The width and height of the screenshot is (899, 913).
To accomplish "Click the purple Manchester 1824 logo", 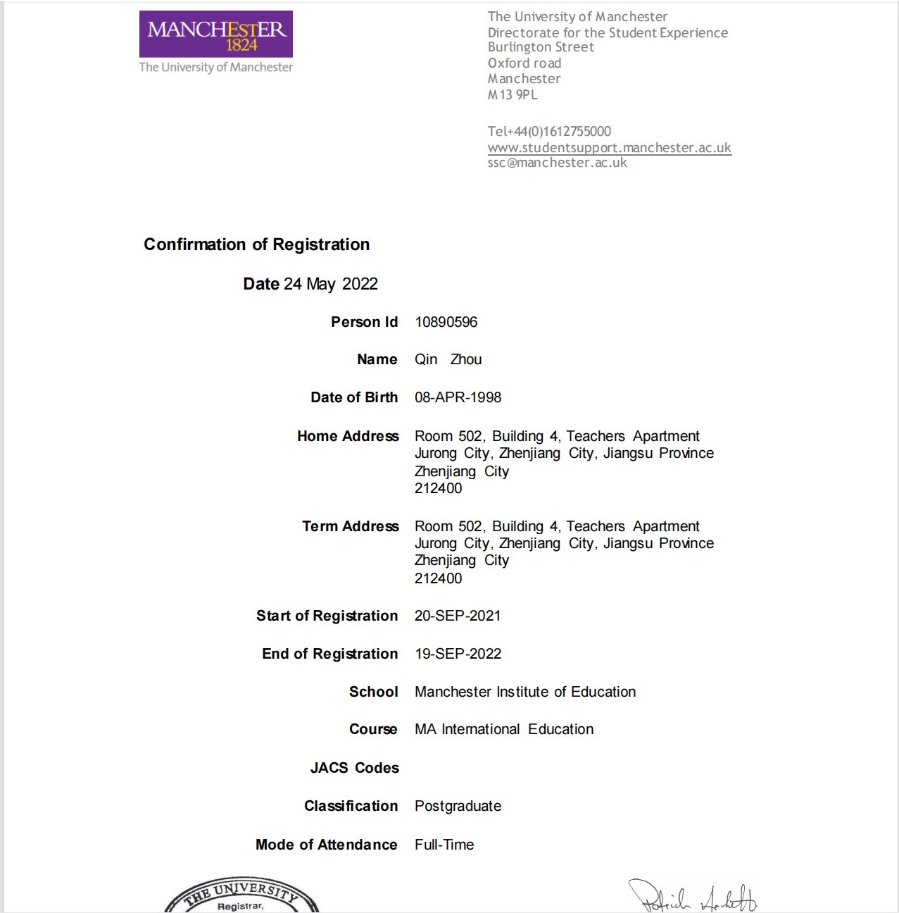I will [x=215, y=34].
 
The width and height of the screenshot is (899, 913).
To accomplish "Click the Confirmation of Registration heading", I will [x=256, y=244].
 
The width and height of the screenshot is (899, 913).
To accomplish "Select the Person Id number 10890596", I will [x=446, y=322].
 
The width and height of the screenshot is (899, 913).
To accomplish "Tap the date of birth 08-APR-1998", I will [x=458, y=397].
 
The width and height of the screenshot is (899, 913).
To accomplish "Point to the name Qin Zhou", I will [x=448, y=359].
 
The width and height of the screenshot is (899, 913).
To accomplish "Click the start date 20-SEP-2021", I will [x=458, y=616].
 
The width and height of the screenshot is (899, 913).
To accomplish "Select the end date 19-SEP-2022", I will [x=458, y=654].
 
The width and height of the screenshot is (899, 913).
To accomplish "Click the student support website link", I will [x=609, y=148].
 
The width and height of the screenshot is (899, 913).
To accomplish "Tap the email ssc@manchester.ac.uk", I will [x=557, y=163].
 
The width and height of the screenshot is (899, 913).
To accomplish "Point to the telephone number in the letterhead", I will [x=549, y=132].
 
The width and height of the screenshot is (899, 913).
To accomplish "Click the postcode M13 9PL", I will [x=513, y=95].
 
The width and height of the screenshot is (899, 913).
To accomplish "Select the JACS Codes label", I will [x=354, y=768].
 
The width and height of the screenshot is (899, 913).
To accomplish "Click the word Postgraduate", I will [x=458, y=806].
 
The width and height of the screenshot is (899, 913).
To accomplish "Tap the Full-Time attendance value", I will [x=444, y=845].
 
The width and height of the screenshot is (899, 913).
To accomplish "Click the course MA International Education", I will [x=504, y=729].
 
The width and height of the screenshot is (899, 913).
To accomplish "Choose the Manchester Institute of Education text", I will [x=525, y=692].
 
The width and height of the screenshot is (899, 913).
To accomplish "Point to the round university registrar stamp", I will [x=241, y=898].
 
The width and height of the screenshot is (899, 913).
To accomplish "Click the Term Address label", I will [x=350, y=526].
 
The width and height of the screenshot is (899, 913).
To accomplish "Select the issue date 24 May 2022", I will [x=330, y=284].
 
